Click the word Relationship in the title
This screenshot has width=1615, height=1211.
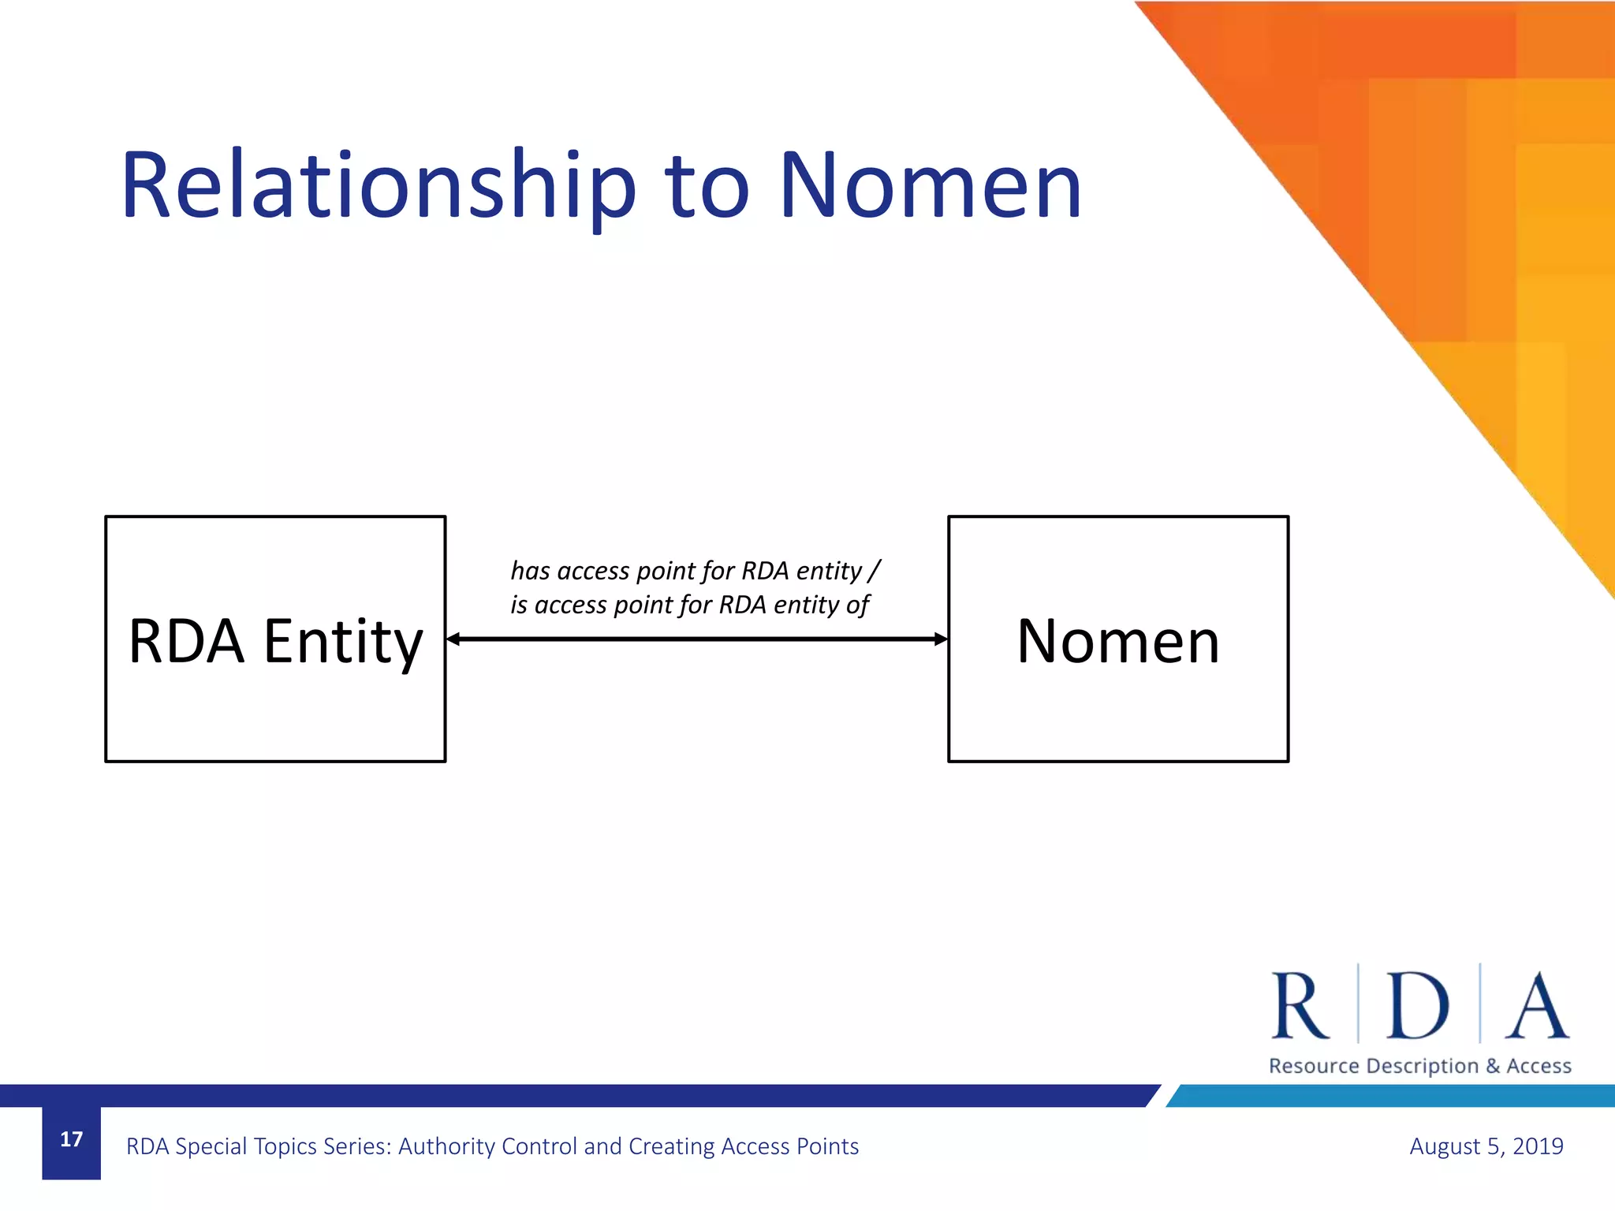(x=377, y=188)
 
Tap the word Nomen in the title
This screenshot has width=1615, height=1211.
(x=931, y=188)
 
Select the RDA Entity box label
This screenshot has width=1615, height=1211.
(x=275, y=641)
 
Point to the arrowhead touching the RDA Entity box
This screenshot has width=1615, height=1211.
(x=453, y=639)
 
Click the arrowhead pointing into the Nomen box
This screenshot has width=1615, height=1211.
(x=940, y=639)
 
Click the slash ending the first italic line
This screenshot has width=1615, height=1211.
(x=874, y=570)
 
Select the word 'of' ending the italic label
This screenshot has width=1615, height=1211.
(x=857, y=605)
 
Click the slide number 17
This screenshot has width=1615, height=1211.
(x=71, y=1139)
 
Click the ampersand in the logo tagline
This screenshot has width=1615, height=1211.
(x=1492, y=1066)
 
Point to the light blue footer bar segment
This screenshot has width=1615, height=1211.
(x=1392, y=1096)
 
